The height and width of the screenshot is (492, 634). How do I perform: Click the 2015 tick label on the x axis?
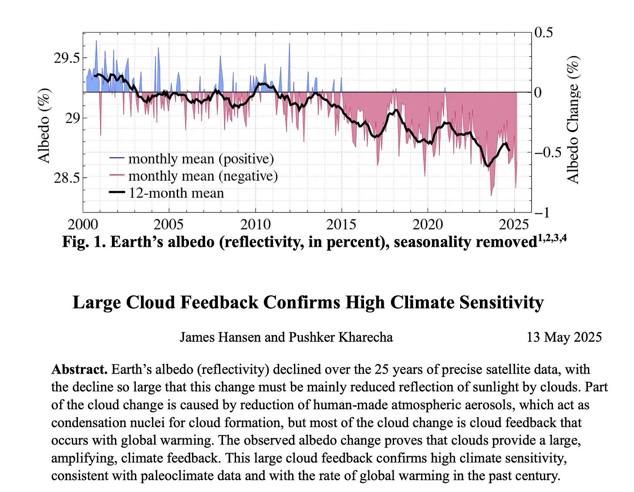341,225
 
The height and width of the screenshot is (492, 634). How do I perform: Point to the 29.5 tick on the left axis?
67,58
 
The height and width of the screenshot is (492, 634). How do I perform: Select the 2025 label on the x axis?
514,225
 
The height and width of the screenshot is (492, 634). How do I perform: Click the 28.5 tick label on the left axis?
67,178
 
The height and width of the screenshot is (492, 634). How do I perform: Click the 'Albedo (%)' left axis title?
44,125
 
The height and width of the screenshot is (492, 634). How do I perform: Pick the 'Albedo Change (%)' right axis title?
573,120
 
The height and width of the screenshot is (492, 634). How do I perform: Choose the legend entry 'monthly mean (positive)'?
201,158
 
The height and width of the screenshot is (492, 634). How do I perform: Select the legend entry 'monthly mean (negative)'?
202,176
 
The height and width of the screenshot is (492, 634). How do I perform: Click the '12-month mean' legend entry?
176,193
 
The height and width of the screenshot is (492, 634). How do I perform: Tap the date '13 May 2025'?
564,337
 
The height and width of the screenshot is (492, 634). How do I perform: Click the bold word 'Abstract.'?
79,369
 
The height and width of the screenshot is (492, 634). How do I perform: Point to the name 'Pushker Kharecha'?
341,337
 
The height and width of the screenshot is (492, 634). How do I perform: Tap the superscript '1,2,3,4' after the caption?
552,238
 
